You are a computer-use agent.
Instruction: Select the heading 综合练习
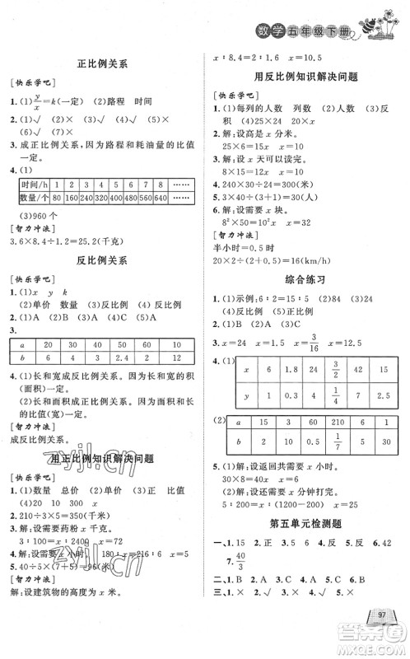(x=306, y=279)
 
